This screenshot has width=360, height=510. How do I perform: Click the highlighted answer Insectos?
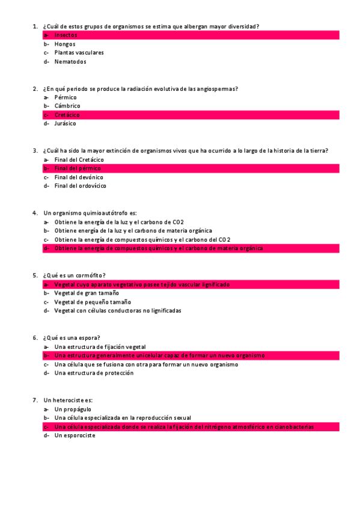click(66, 35)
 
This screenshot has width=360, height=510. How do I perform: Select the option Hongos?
click(65, 44)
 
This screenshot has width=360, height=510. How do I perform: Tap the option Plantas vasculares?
click(79, 53)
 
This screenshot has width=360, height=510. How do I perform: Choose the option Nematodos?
click(70, 61)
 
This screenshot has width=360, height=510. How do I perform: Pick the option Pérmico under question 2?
click(66, 97)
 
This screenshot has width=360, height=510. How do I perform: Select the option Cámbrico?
click(67, 106)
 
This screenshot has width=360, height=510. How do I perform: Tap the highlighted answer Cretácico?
click(67, 115)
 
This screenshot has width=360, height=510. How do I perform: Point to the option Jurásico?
click(66, 123)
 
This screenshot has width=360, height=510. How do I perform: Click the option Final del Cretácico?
click(79, 159)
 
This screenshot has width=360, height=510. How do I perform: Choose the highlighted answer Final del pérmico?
click(78, 168)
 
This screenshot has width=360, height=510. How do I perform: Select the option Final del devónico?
click(79, 177)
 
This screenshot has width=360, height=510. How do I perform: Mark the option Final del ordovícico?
click(80, 186)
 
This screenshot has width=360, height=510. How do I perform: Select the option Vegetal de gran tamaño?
click(86, 293)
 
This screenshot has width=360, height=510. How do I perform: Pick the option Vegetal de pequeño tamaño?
click(93, 302)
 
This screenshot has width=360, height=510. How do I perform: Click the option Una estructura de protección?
click(94, 373)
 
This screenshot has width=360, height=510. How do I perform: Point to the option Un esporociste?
click(75, 435)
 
